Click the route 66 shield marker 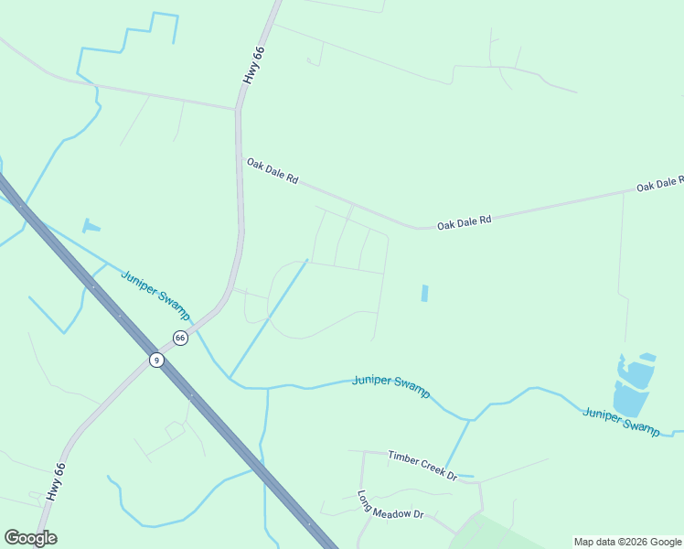pos(180,338)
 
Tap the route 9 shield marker pos(156,360)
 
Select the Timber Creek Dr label pos(422,464)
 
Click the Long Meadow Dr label pos(390,504)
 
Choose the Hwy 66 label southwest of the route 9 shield pos(56,480)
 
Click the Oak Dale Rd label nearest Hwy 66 pos(273,171)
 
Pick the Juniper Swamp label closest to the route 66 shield pos(155,285)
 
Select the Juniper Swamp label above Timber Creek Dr pos(390,385)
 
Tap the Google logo pos(30,538)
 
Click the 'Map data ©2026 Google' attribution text pos(627,542)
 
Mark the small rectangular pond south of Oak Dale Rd pos(424,294)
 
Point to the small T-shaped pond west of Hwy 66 pos(90,225)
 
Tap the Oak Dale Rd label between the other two pos(464,222)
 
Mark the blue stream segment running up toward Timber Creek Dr pos(457,446)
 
